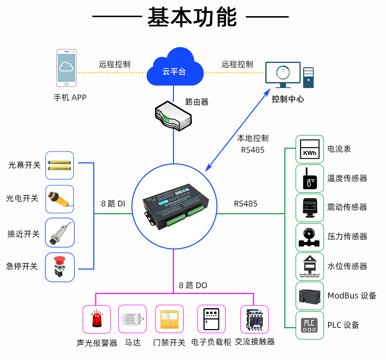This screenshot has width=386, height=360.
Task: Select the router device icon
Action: [173, 115]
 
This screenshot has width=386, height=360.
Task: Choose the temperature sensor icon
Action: [310, 179]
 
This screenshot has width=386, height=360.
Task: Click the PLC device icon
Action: [310, 325]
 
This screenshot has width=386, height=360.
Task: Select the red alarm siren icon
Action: [97, 320]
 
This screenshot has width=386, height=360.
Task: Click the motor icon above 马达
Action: [132, 320]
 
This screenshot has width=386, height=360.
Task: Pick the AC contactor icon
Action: [255, 320]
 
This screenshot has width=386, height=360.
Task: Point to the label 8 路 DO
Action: [193, 285]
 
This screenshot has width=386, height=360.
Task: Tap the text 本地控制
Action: [253, 138]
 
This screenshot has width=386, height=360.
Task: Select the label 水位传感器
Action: [347, 267]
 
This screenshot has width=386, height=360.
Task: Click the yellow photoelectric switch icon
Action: [60, 199]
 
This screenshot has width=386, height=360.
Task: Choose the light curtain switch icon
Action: [60, 165]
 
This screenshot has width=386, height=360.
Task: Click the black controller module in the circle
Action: [178, 209]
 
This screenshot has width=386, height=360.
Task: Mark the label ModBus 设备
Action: [352, 296]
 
